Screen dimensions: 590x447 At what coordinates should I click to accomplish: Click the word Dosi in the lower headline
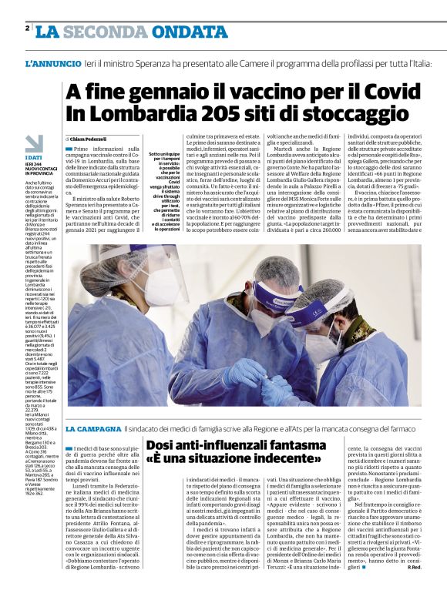[x=164, y=445]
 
